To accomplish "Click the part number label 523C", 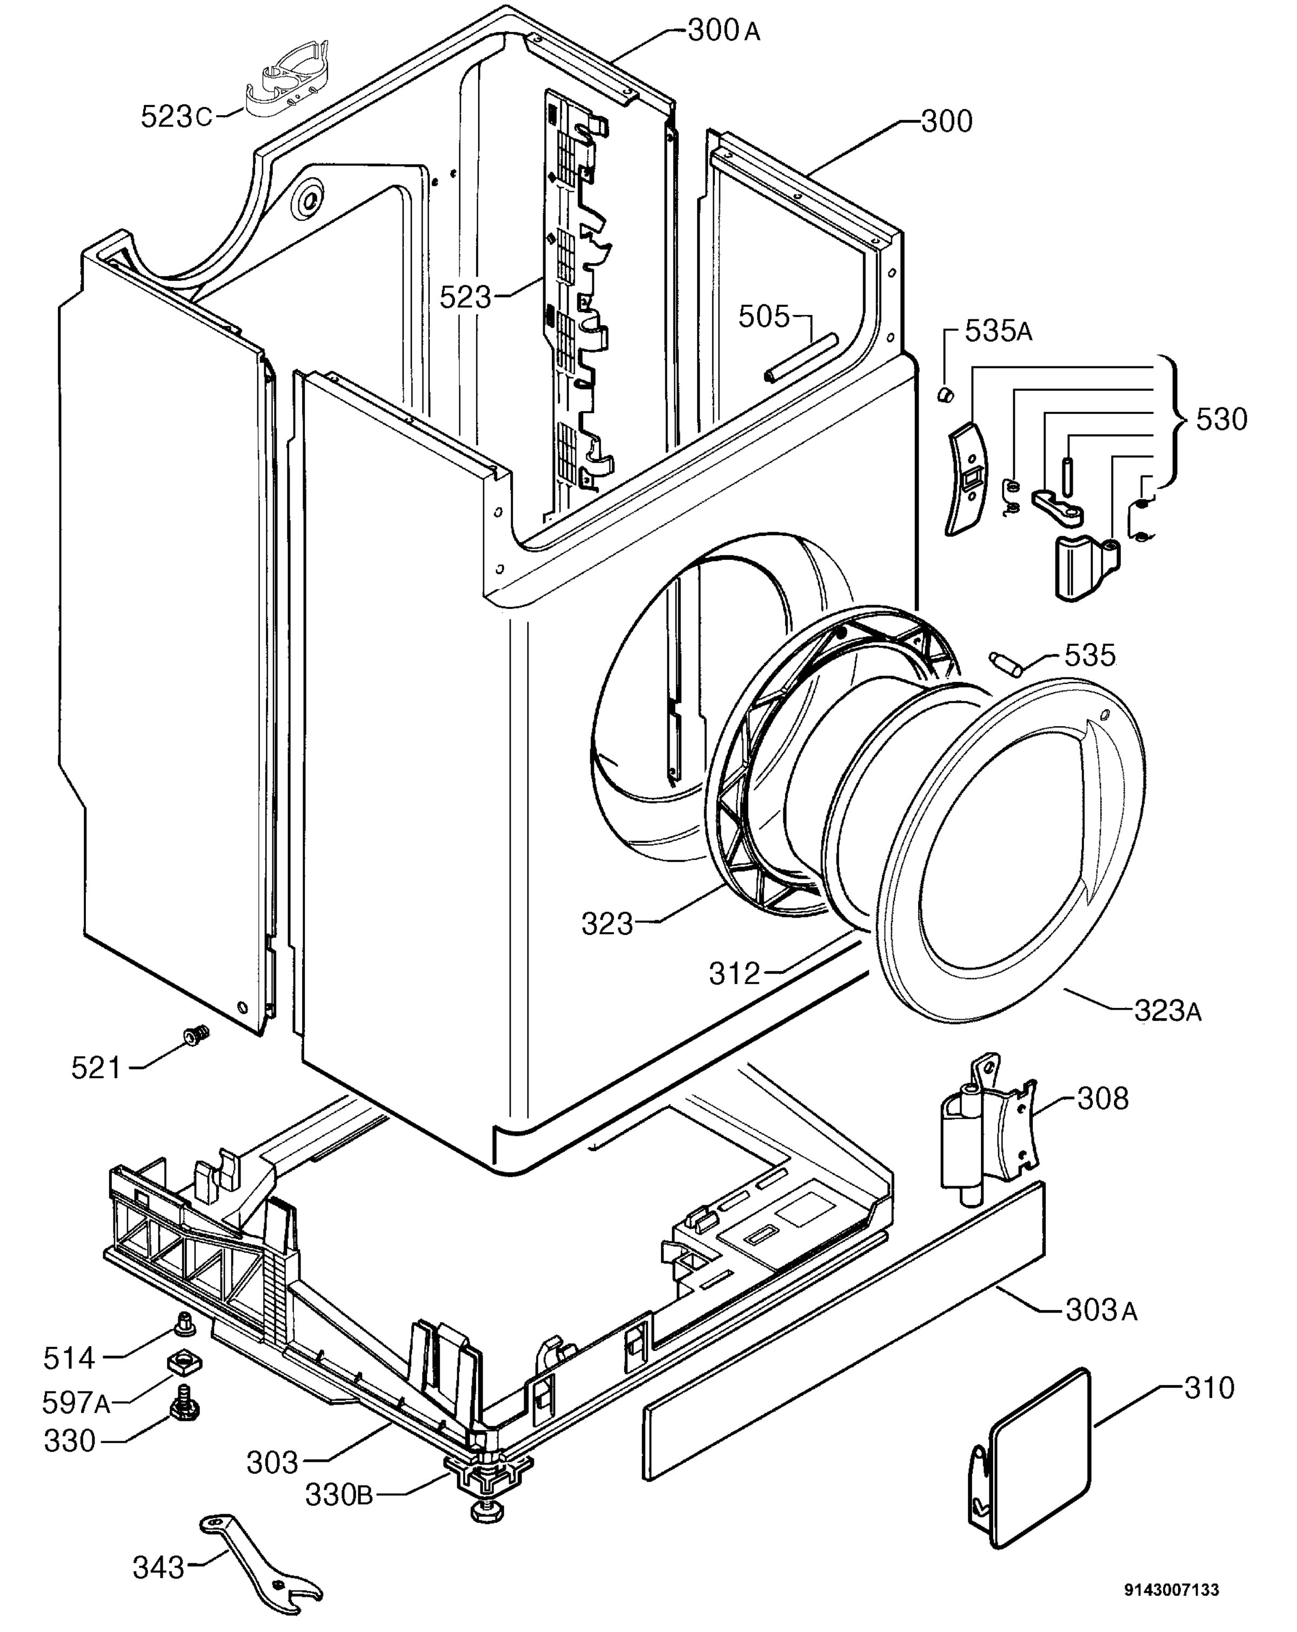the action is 176,117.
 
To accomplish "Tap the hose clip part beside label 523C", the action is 288,79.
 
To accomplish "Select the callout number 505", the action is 764,317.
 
